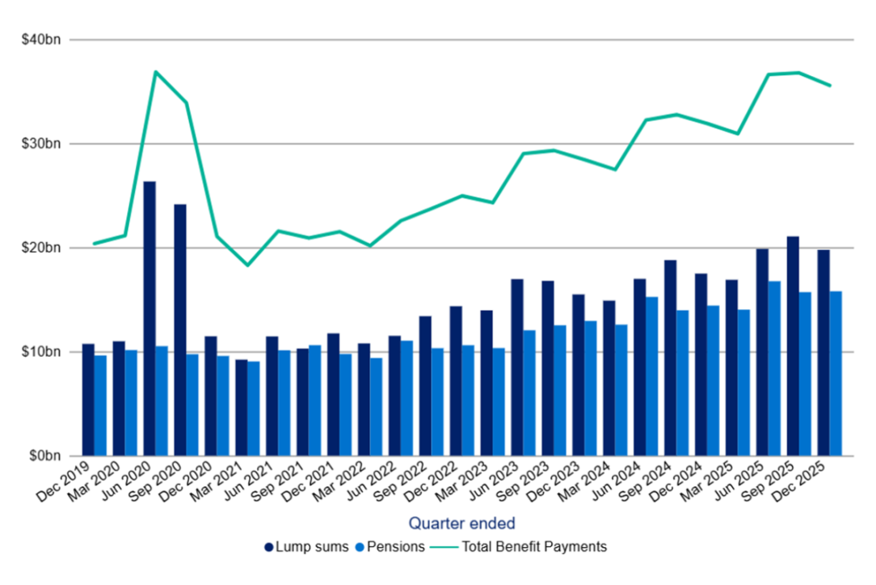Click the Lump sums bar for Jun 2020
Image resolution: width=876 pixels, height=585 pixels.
(150, 319)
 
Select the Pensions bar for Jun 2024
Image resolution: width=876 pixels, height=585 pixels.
(651, 376)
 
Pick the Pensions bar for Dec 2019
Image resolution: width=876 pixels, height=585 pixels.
(100, 405)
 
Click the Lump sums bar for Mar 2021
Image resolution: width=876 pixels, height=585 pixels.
(242, 408)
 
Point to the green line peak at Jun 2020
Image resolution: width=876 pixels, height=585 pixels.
(155, 72)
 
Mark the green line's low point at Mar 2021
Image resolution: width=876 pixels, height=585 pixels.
(247, 265)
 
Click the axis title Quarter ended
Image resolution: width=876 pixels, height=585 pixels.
(461, 523)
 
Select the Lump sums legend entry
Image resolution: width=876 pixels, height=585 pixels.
(306, 547)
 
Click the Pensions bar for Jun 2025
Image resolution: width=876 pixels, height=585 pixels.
(774, 368)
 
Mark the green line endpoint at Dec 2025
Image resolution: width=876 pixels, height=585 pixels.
(830, 86)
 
